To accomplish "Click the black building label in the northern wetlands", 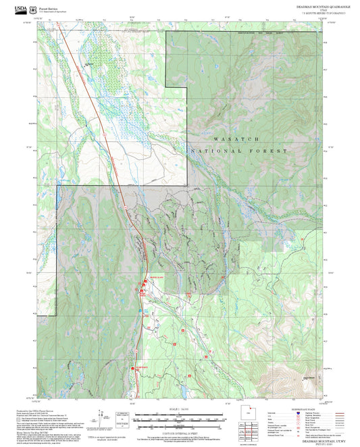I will [88, 65].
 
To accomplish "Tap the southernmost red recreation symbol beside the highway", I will [132, 369].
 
